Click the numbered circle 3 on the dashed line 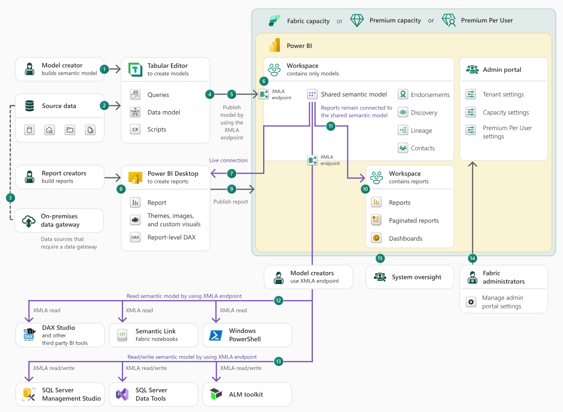coord(10,197)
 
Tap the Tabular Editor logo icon coord(136,70)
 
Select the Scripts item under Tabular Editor coord(157,129)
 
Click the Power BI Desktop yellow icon coord(136,177)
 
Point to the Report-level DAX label coord(171,237)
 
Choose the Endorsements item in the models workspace coord(430,95)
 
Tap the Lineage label coord(421,130)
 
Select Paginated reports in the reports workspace coord(414,221)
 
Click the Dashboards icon coord(376,238)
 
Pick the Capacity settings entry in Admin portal coord(506,113)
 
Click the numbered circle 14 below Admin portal coord(472,258)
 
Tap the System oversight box coord(410,277)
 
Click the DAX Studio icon coord(30,335)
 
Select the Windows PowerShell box coord(247,335)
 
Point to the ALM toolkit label coord(246,394)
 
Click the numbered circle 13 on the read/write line coord(279,362)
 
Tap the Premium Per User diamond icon coord(448,21)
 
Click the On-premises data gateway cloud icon coord(29,221)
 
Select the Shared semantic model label coord(354,95)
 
